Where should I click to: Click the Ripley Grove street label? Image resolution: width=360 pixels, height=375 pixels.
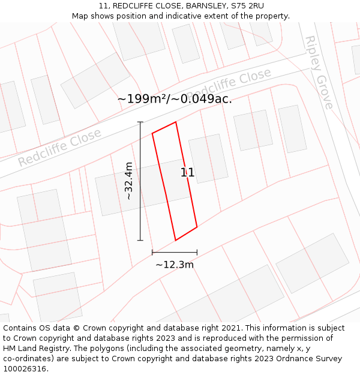319,72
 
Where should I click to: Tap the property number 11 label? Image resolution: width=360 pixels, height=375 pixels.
187,173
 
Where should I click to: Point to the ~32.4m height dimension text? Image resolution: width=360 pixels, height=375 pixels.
129,181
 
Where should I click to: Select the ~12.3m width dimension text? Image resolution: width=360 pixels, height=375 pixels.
175,265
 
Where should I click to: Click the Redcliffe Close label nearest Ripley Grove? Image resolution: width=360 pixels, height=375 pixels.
230,85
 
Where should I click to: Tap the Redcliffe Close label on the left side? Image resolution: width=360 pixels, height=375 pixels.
59,149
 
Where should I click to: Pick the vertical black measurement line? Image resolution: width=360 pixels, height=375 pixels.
140,180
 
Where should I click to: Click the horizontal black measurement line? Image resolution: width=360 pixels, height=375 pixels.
175,252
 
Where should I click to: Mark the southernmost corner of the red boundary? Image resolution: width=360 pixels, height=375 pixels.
175,240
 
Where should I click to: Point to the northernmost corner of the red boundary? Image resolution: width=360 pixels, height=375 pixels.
175,122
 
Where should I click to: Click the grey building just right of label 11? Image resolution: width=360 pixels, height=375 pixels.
208,158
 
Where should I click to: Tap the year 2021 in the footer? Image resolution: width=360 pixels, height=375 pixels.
232,328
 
